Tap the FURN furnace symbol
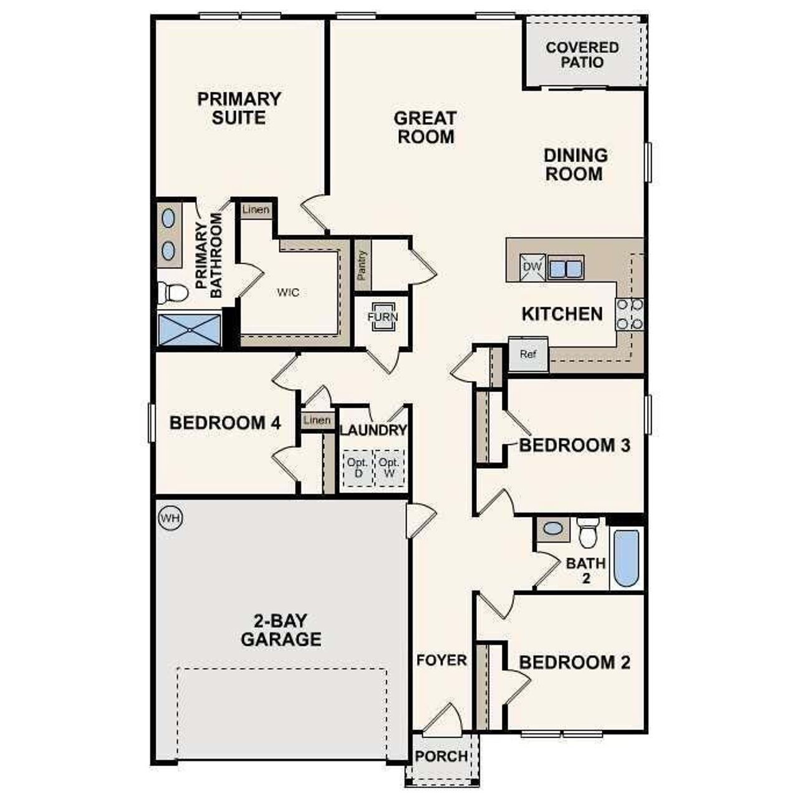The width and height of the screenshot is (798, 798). click(382, 317)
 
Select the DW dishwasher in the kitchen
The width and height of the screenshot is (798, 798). click(532, 267)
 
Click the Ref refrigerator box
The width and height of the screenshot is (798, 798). click(528, 354)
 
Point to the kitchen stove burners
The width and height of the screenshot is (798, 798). click(629, 315)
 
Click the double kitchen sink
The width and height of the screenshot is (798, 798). click(565, 268)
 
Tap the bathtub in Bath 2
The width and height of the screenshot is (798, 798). click(626, 558)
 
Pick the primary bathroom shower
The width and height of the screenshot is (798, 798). click(189, 330)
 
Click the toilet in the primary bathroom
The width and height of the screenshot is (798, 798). click(173, 292)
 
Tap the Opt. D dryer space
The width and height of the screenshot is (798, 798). click(358, 468)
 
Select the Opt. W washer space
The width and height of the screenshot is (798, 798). click(389, 468)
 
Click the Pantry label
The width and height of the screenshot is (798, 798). click(362, 264)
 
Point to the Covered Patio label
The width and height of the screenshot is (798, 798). click(582, 55)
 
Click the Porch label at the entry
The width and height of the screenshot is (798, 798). click(441, 756)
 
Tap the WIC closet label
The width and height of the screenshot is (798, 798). click(288, 292)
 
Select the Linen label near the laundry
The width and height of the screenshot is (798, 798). click(317, 420)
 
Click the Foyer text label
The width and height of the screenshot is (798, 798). click(441, 660)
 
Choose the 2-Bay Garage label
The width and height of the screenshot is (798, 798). click(281, 630)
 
